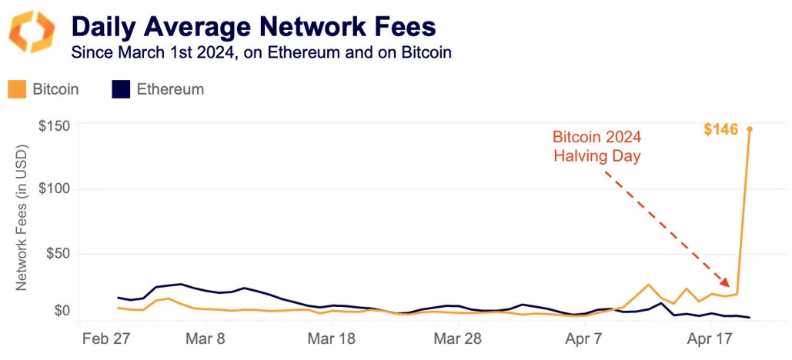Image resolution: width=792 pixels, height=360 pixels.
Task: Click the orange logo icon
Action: pyautogui.click(x=31, y=32)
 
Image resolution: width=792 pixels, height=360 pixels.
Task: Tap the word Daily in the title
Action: pyautogui.click(x=107, y=27)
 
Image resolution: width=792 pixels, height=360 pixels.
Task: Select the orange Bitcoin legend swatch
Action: pyautogui.click(x=18, y=89)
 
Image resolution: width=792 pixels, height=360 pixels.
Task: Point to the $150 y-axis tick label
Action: pyautogui.click(x=54, y=125)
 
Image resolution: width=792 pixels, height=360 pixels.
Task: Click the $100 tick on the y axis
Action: pyautogui.click(x=54, y=189)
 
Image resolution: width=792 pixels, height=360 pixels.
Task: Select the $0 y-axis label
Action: pyautogui.click(x=62, y=312)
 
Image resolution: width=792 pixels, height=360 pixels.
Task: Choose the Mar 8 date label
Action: pyautogui.click(x=206, y=339)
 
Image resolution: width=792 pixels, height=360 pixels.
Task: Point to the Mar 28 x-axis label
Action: pyautogui.click(x=457, y=339)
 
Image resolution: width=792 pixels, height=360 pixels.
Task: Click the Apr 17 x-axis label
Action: pyautogui.click(x=708, y=339)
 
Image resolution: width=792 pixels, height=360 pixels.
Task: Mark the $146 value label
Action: pyautogui.click(x=720, y=130)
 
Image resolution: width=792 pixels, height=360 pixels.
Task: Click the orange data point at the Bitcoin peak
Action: pyautogui.click(x=750, y=129)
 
